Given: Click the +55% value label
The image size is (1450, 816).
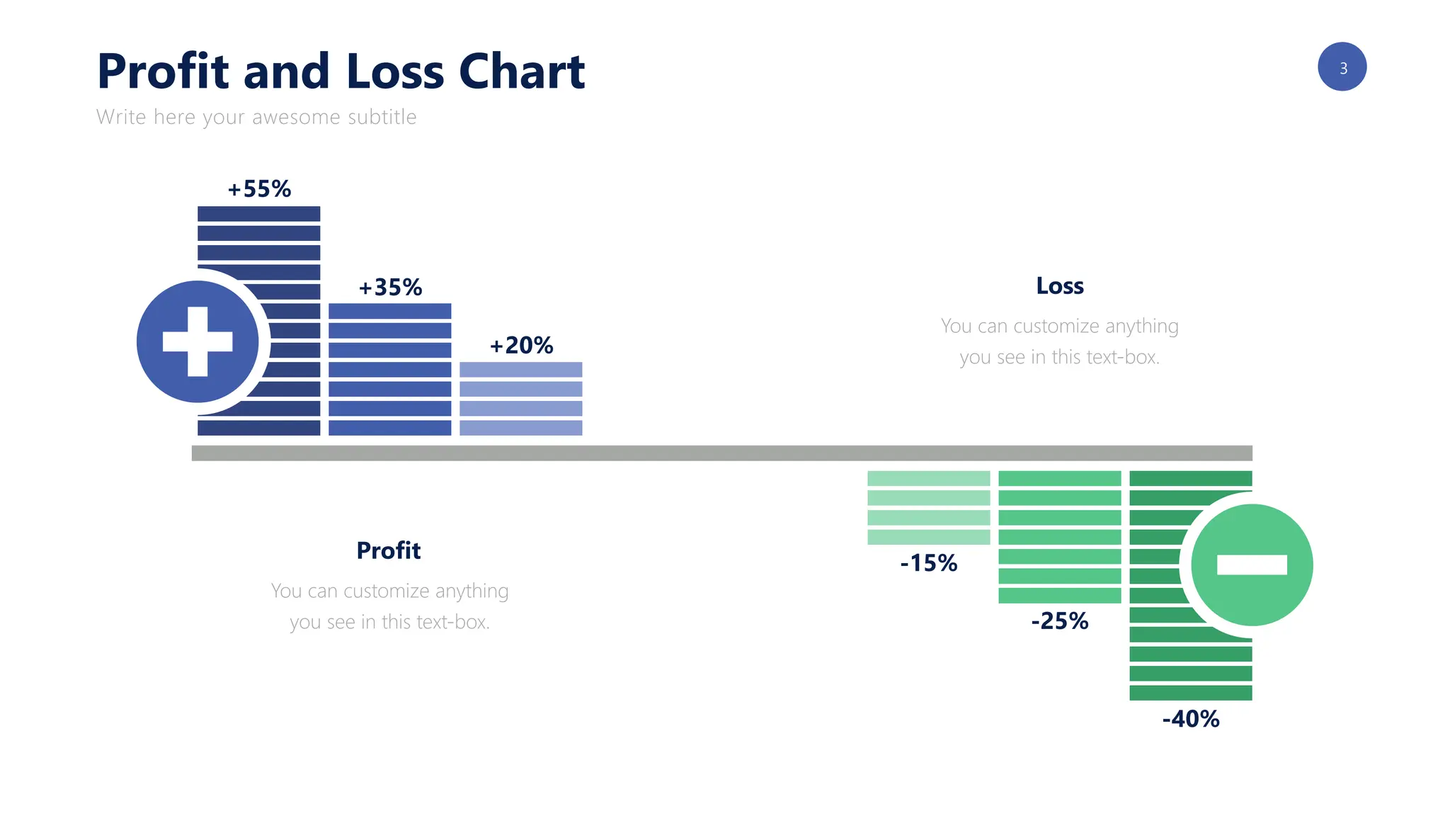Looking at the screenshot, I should [259, 189].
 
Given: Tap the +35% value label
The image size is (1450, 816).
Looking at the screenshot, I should [390, 288].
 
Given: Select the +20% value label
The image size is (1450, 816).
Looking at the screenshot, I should [521, 346].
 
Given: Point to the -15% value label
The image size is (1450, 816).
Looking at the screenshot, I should [929, 563].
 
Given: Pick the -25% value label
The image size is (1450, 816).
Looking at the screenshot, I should [1060, 621].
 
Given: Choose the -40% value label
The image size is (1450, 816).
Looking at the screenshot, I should [1191, 719].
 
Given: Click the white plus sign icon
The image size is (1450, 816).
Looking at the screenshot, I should [198, 341].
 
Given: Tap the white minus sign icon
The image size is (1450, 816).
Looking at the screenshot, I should [1252, 565].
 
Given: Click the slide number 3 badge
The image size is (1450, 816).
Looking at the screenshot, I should [1342, 67].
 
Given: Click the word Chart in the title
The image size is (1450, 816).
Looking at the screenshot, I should [522, 72].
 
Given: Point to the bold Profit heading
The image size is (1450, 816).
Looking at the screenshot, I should [389, 550].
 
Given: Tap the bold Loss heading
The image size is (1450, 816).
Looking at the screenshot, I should [1060, 286].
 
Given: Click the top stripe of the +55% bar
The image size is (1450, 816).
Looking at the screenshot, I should [259, 214].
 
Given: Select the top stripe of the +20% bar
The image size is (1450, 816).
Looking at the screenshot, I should [521, 370].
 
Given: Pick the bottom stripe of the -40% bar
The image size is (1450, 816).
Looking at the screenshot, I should [1191, 693].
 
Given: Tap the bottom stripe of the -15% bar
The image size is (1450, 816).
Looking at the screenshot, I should [929, 537].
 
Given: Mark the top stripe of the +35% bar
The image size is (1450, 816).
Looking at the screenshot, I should [390, 311].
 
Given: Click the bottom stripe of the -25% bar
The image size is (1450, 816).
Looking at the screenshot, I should [1060, 596].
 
